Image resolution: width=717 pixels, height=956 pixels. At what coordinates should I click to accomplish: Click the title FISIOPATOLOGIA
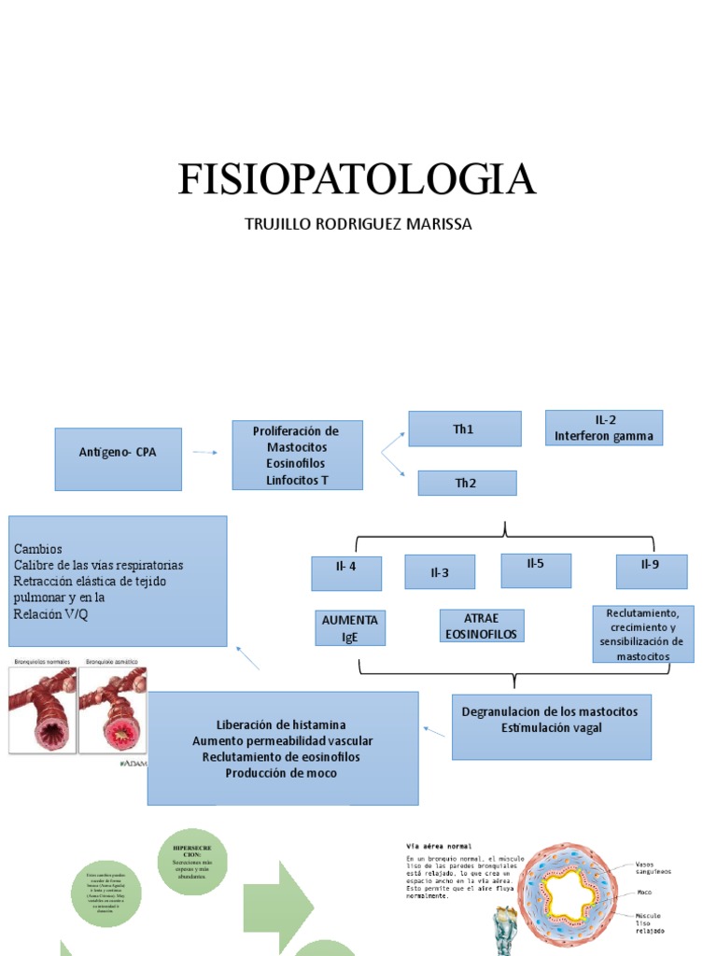click(358, 179)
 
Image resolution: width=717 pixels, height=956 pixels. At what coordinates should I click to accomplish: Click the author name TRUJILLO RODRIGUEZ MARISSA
click(358, 225)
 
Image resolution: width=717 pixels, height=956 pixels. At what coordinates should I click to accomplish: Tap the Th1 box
click(464, 429)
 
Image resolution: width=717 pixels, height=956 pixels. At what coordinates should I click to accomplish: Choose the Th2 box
click(467, 483)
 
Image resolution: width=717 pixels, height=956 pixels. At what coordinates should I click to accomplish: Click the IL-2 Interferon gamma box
click(603, 428)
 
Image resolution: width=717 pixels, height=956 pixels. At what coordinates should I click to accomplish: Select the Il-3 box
click(439, 572)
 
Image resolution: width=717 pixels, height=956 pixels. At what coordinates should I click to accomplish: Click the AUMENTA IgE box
click(349, 629)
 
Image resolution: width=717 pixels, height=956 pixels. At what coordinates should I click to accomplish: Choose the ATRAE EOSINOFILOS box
click(481, 626)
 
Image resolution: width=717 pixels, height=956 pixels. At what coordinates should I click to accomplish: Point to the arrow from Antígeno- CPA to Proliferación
click(205, 453)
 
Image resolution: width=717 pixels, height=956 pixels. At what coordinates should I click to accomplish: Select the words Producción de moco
click(281, 772)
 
